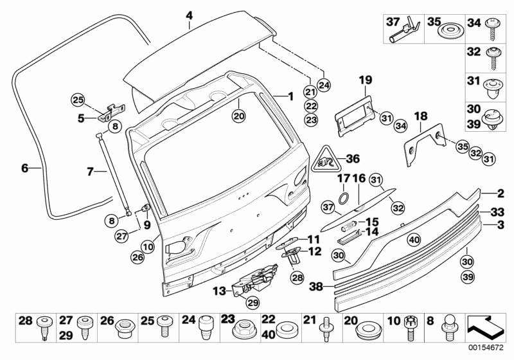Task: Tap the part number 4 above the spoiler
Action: [189, 15]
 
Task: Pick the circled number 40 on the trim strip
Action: [414, 239]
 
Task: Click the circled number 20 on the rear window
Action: [238, 116]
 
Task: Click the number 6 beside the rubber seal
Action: [24, 168]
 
